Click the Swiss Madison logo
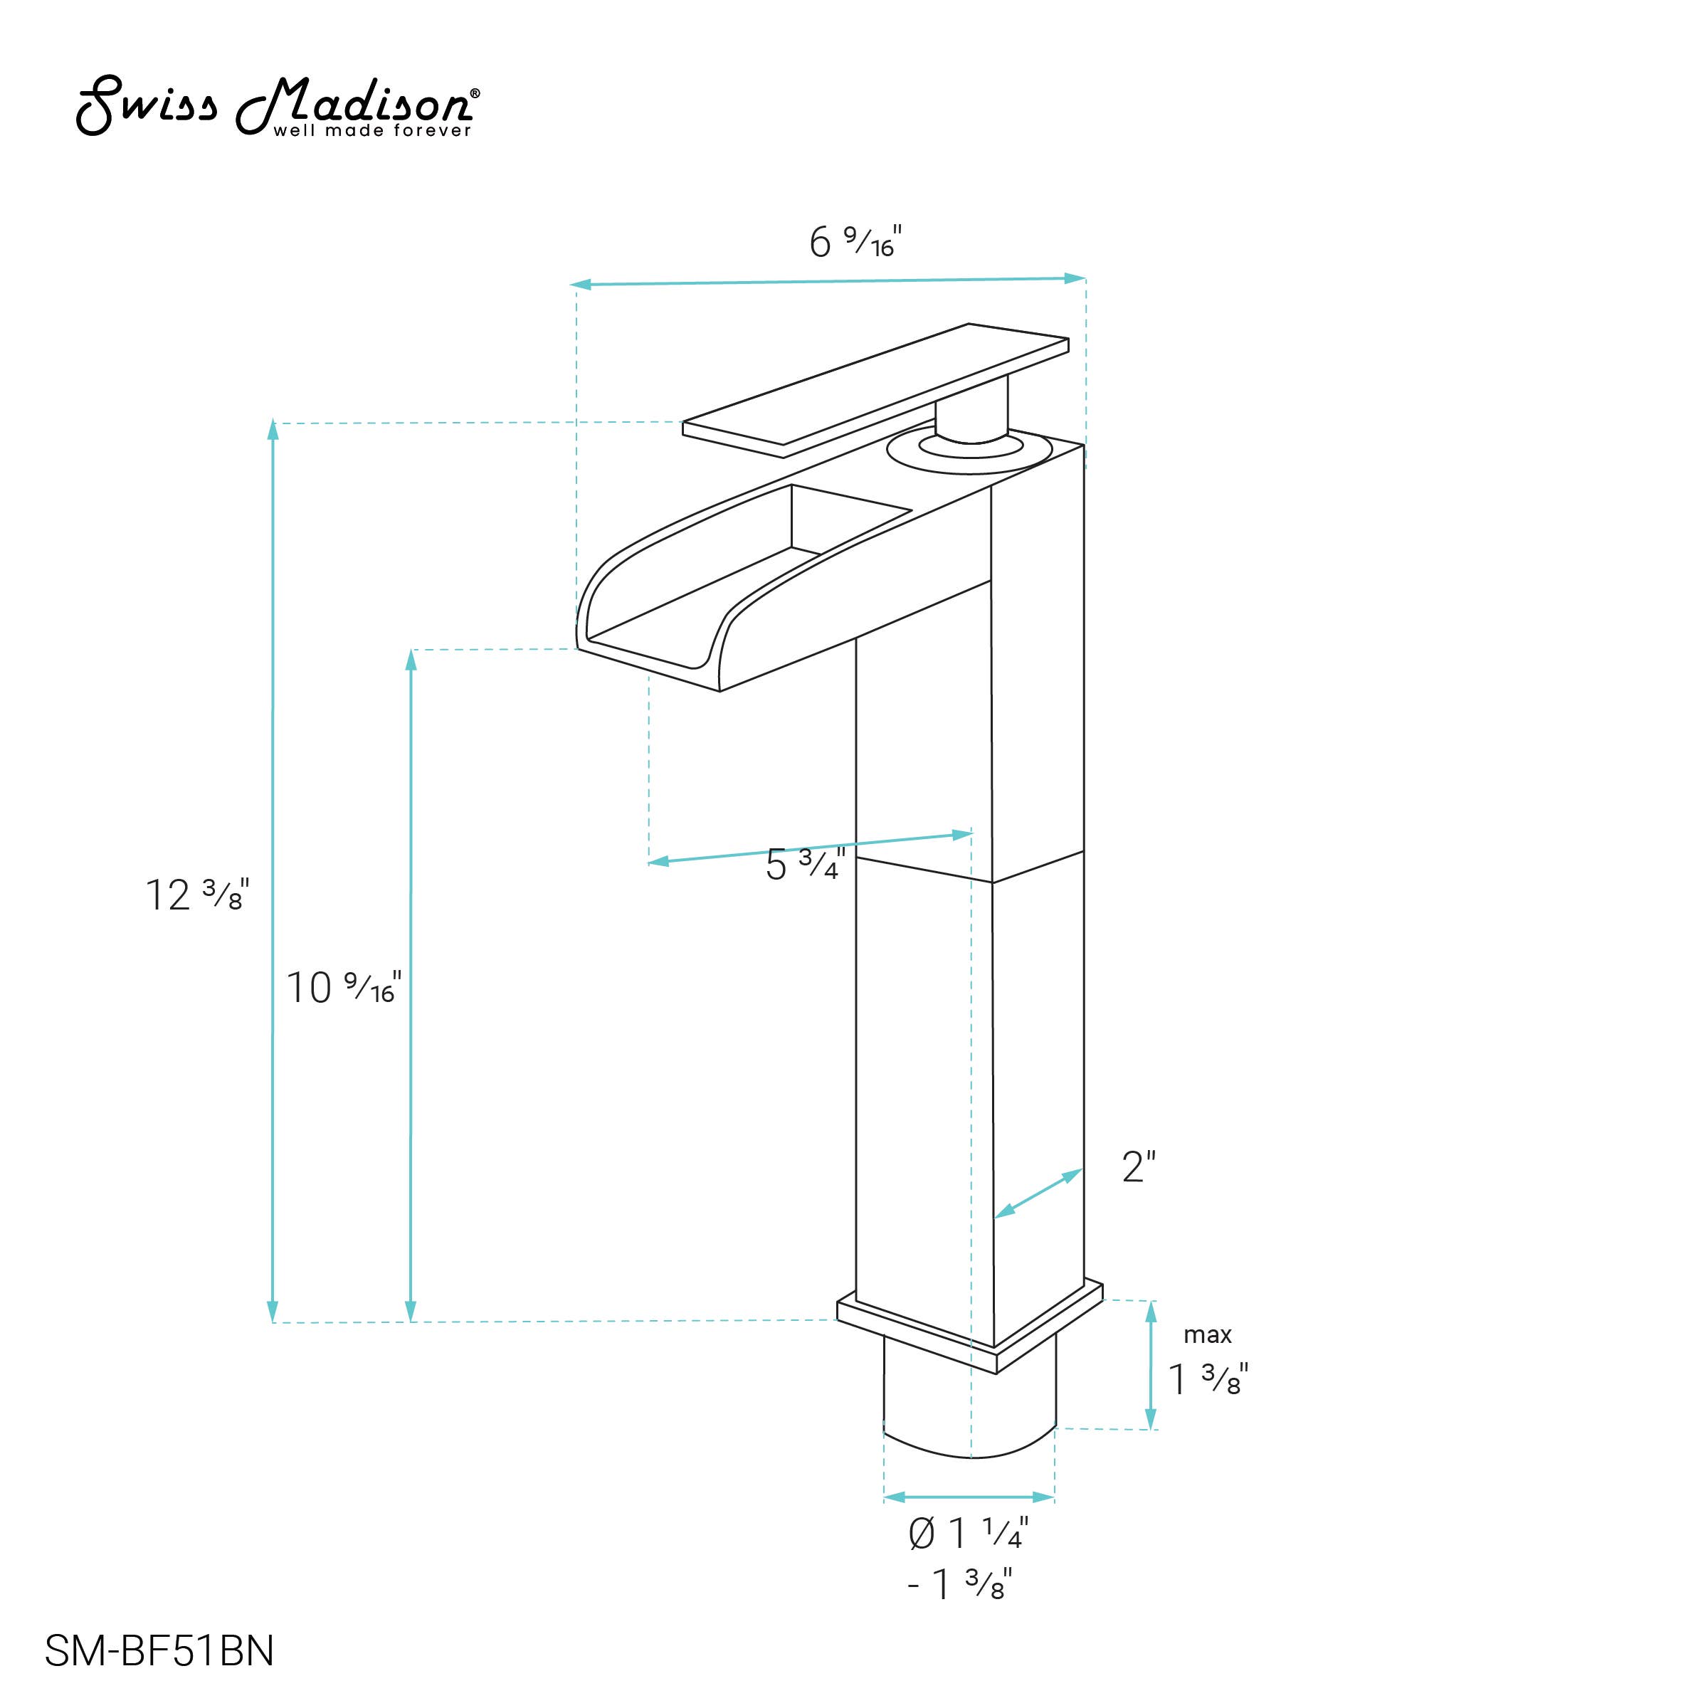[277, 106]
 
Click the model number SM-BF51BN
[159, 1650]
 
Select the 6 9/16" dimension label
[854, 241]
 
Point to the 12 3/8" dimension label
[196, 895]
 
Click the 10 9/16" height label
[343, 988]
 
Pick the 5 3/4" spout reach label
[804, 865]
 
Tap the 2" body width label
[1139, 1167]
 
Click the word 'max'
[1208, 1334]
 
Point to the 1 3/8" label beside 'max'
[1208, 1379]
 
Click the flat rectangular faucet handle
[875, 389]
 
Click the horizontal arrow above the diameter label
[969, 1497]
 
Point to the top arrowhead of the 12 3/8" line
[273, 431]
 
